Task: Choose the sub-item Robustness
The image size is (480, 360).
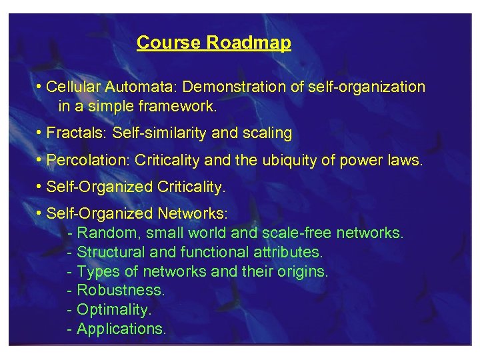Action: coord(121,291)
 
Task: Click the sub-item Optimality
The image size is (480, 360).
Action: coord(114,310)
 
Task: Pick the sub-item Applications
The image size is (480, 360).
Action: coord(121,329)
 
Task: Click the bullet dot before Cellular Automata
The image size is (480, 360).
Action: coord(41,87)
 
